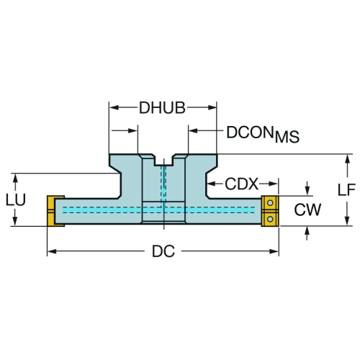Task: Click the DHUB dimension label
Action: click(x=162, y=108)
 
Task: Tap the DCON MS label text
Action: click(x=263, y=135)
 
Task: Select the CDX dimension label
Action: click(x=241, y=184)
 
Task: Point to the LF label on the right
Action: click(x=346, y=190)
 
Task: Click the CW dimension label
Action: click(x=307, y=210)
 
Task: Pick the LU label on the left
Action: click(x=16, y=199)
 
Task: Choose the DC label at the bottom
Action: click(x=163, y=251)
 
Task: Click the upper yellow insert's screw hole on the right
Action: click(x=270, y=203)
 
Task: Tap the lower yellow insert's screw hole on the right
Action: click(x=270, y=219)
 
